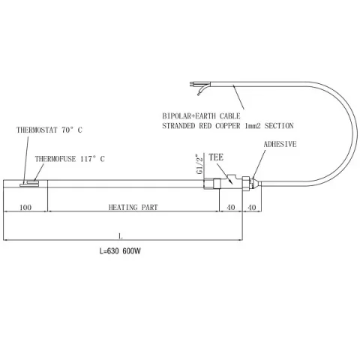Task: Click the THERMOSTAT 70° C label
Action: [x=49, y=130]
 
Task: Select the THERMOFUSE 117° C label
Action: [x=70, y=159]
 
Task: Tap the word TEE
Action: [x=216, y=157]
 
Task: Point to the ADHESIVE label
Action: [x=280, y=144]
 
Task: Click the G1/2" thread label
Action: [x=199, y=165]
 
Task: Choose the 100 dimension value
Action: [x=25, y=207]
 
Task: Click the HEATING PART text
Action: [x=133, y=207]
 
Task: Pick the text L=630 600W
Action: [x=120, y=251]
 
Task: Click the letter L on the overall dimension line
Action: [x=121, y=235]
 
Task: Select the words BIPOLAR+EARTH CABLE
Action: [x=201, y=116]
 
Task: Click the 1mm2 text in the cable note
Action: [x=253, y=126]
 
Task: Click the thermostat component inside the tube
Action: [x=29, y=185]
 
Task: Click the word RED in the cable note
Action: [x=205, y=126]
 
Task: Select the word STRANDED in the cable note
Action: [x=178, y=126]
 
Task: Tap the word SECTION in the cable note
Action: [x=279, y=126]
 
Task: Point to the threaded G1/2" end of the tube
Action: [x=208, y=184]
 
